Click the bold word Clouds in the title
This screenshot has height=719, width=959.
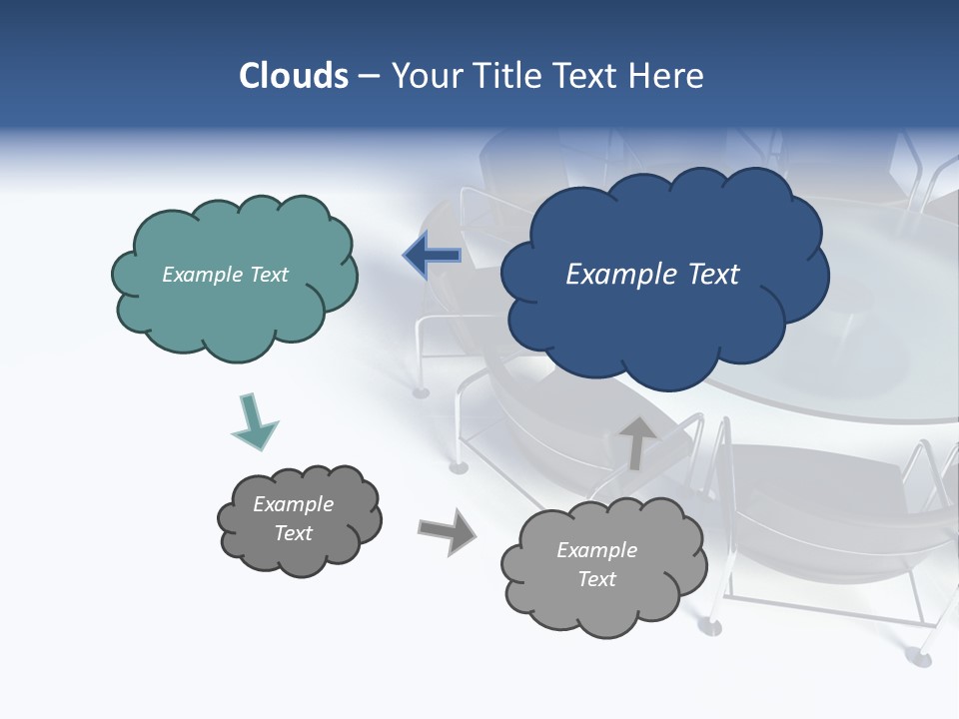click(x=294, y=76)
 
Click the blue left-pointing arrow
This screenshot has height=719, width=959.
click(x=433, y=257)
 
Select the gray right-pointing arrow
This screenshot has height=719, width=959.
click(x=447, y=530)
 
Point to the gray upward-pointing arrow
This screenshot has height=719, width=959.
click(x=637, y=442)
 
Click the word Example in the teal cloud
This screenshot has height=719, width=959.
click(x=198, y=275)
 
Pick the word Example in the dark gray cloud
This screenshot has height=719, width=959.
click(x=293, y=504)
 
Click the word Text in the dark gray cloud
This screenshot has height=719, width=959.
click(x=293, y=533)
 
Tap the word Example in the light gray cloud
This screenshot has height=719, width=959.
click(x=596, y=550)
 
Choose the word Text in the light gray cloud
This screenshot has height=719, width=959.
click(x=596, y=579)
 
